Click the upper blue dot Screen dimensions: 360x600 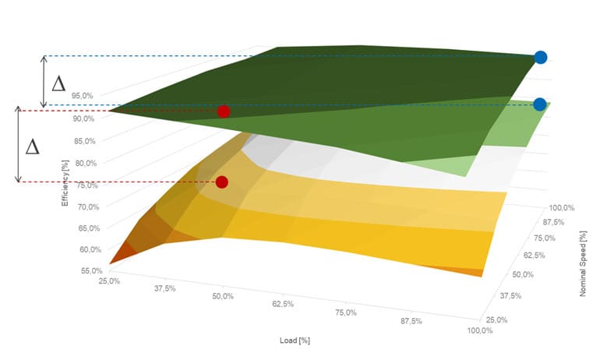[x=540, y=57]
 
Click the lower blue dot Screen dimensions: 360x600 [x=539, y=104]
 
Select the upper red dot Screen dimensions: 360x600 [x=224, y=111]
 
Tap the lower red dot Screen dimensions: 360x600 [x=222, y=182]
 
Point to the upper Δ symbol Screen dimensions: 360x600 [x=58, y=83]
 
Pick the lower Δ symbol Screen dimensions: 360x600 [x=32, y=146]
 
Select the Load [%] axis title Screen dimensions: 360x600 [x=295, y=341]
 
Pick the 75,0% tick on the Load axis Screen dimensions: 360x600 [x=345, y=312]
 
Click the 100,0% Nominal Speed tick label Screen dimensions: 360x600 [x=563, y=208]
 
